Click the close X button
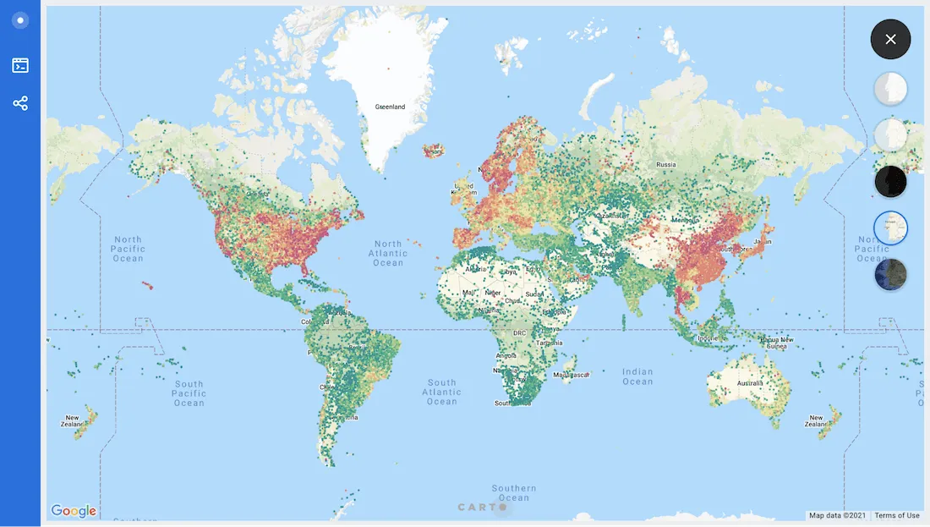pos(890,39)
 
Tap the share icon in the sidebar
pos(20,103)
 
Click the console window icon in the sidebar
pos(20,65)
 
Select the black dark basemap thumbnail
pos(890,181)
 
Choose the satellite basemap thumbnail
pos(890,274)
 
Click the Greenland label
pos(390,107)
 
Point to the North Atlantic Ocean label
pos(388,253)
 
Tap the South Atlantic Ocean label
pos(441,392)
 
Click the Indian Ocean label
pos(637,376)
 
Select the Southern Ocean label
pos(514,492)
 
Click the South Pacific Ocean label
pos(189,393)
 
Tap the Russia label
pos(666,164)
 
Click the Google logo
pos(74,511)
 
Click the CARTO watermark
pos(483,508)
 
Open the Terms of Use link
pos(897,515)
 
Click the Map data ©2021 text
pos(837,515)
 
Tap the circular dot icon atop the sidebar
pos(20,20)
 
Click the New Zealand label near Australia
pos(816,421)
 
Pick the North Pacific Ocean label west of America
pos(128,249)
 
